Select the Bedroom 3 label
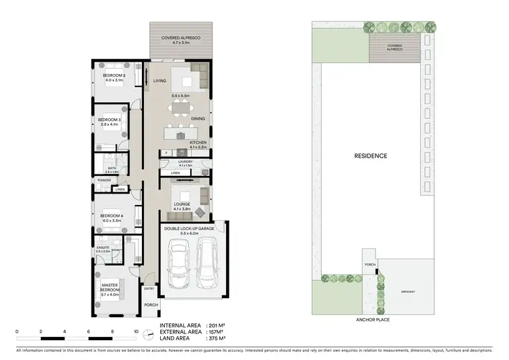point(109,122)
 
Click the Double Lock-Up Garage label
point(189,230)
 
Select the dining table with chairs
point(181,111)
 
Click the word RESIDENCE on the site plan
point(371,156)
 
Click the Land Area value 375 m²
point(216,340)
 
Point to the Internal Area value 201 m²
point(216,325)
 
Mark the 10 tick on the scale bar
point(136,332)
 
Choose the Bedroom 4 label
point(113,218)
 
